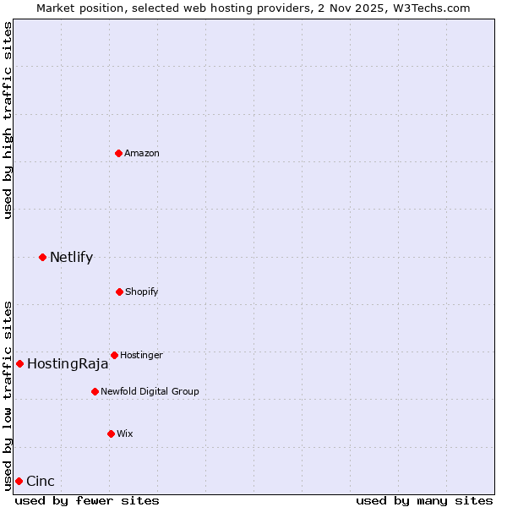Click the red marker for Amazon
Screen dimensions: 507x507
point(118,153)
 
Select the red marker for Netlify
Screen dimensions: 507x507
point(42,257)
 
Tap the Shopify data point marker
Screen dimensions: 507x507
point(119,292)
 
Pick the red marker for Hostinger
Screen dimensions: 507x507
point(114,355)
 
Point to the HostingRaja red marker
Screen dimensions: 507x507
point(19,363)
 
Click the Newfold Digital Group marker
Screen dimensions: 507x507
point(95,391)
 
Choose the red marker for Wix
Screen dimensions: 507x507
point(111,433)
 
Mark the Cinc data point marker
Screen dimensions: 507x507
point(19,481)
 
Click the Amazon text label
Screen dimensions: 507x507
point(142,154)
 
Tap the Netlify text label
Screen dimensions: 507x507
point(71,258)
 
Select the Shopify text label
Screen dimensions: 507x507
point(142,292)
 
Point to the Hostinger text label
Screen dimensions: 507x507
point(141,356)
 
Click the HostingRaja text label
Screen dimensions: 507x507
point(68,364)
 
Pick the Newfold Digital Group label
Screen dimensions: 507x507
point(150,392)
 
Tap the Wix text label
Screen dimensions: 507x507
point(125,434)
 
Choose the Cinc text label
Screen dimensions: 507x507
point(41,482)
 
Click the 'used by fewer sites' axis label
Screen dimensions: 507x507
point(87,500)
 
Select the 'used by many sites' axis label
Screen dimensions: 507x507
point(424,500)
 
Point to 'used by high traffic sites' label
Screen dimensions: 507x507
point(8,120)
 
